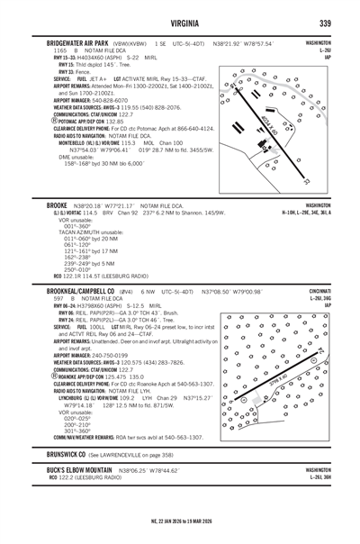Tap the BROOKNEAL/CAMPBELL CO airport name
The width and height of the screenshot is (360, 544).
click(x=74, y=292)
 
